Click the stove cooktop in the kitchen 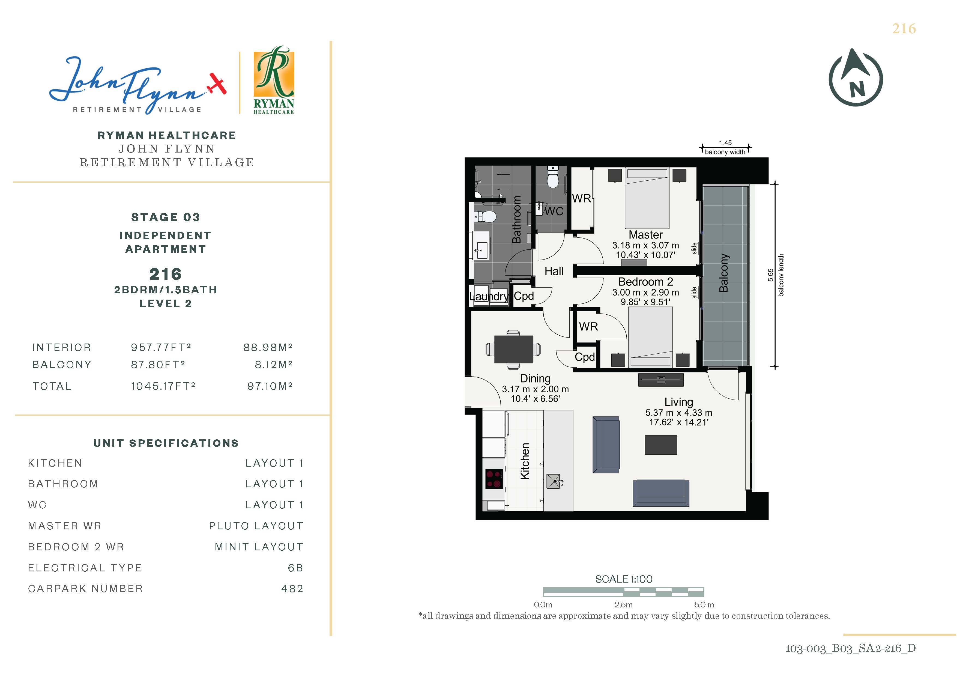494,479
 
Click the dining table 513,349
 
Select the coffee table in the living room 661,445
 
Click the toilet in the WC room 553,178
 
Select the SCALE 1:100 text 624,579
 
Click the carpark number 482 292,589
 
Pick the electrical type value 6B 295,568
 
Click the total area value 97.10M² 270,386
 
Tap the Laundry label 489,296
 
